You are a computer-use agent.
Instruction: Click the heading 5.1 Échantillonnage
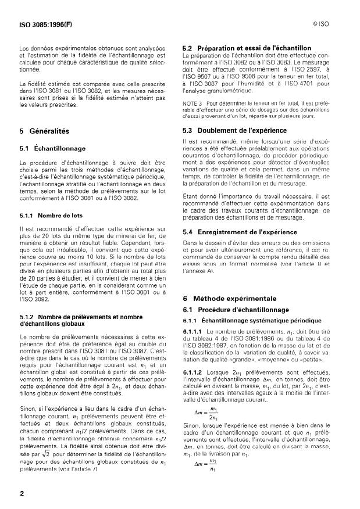pos(53,148)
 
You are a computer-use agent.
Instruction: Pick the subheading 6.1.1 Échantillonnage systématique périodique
pos(252,320)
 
